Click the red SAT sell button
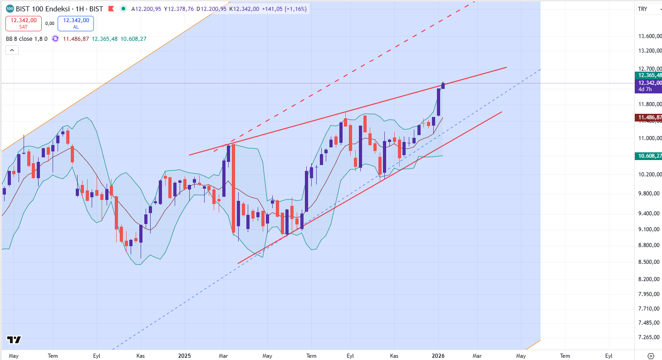[x=24, y=23]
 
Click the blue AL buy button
[x=76, y=23]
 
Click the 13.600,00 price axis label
[x=648, y=36]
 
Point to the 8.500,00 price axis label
[x=648, y=262]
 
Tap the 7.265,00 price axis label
[x=648, y=337]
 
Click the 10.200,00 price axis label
[x=648, y=175]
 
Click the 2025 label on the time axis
[x=184, y=356]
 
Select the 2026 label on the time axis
[x=438, y=356]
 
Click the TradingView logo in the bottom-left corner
[x=14, y=340]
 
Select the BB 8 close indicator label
[x=26, y=39]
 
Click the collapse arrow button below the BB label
[x=12, y=50]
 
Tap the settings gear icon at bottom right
[x=651, y=356]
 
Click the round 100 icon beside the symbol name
[x=10, y=9]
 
